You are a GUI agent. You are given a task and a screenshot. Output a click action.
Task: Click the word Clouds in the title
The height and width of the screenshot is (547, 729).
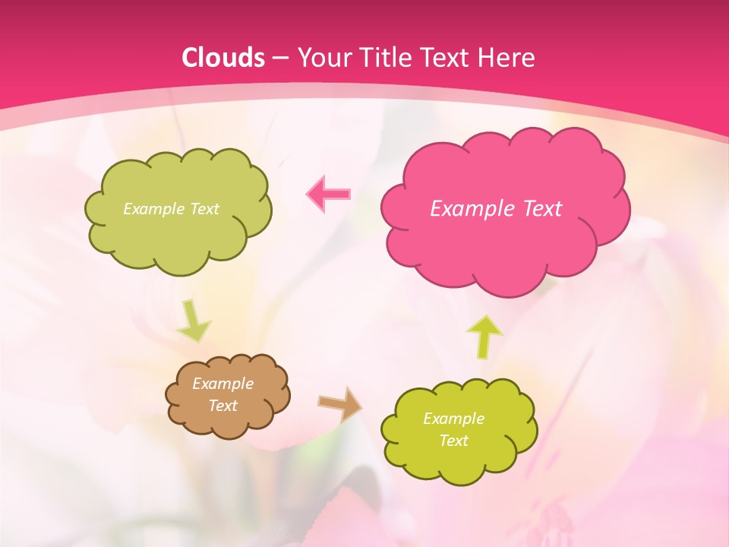coord(223,58)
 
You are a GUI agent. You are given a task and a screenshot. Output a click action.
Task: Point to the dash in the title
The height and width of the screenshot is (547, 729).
coord(279,58)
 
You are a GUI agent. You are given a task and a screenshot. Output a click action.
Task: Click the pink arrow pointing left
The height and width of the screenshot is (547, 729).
coord(329,194)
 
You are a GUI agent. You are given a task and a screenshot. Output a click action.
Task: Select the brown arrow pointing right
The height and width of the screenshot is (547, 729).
coord(340,403)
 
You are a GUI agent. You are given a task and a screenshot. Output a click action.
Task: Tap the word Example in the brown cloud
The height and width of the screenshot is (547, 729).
coord(222,384)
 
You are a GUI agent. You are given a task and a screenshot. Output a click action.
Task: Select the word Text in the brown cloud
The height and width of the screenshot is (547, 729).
coord(222,406)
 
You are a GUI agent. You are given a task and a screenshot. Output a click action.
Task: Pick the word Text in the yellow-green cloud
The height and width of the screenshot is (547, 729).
coord(453,441)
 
